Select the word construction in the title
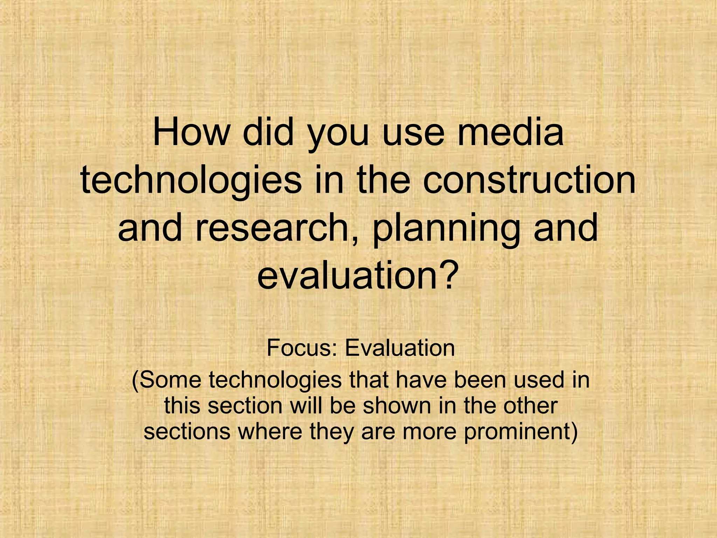[x=529, y=181]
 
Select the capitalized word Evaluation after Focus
[x=400, y=348]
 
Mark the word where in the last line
[x=270, y=432]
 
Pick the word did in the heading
[x=268, y=133]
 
